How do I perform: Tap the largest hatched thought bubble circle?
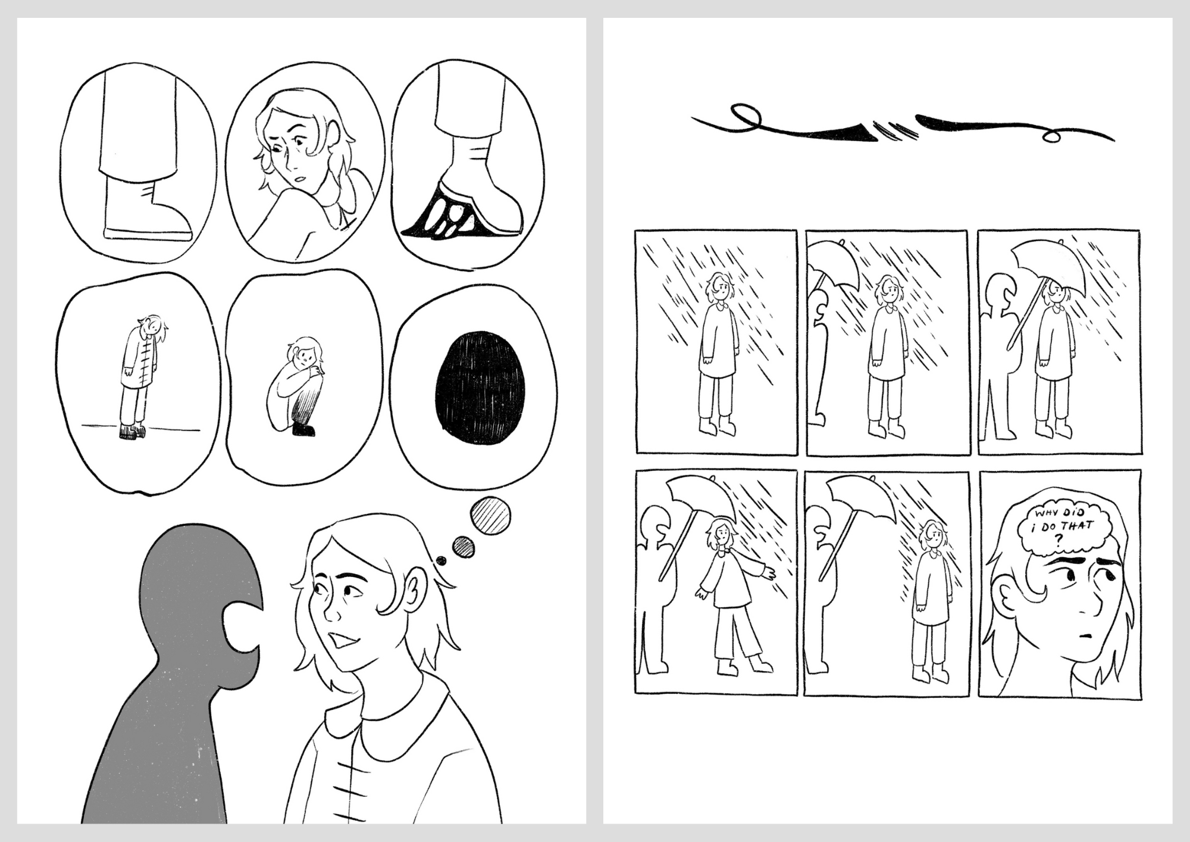[x=491, y=518]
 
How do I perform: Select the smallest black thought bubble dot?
[x=441, y=560]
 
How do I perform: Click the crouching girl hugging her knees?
[x=295, y=387]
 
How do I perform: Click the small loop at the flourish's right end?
[x=1052, y=138]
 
